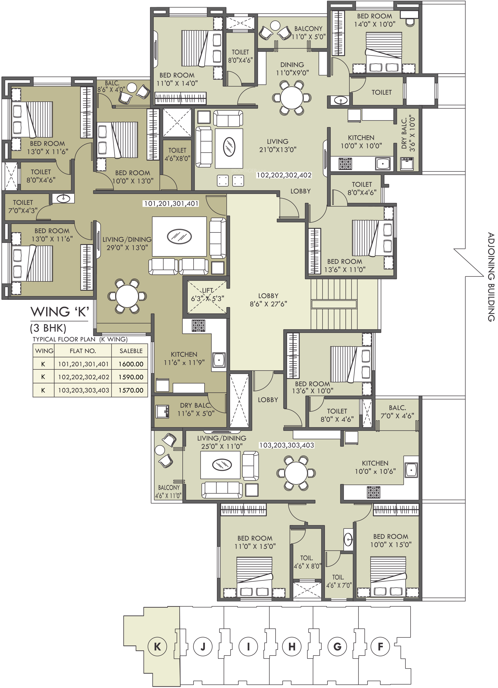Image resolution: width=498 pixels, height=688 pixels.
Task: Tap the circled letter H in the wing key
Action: pyautogui.click(x=292, y=646)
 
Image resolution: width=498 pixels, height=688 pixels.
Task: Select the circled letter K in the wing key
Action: pyautogui.click(x=157, y=646)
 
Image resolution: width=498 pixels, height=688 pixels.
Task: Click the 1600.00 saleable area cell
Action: pyautogui.click(x=131, y=364)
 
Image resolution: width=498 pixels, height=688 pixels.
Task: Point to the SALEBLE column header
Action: pyautogui.click(x=131, y=351)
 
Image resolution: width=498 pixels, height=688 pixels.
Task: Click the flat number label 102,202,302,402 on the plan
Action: pyautogui.click(x=284, y=175)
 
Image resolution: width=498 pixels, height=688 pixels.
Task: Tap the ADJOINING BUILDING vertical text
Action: pyautogui.click(x=491, y=277)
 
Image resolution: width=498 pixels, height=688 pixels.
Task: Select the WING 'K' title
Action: pyautogui.click(x=60, y=312)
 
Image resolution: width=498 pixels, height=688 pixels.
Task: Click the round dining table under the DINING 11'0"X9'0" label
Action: pyautogui.click(x=291, y=98)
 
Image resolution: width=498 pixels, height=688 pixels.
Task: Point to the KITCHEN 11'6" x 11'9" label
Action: pyautogui.click(x=184, y=358)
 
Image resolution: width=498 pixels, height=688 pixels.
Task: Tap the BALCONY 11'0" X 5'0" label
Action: pyautogui.click(x=308, y=33)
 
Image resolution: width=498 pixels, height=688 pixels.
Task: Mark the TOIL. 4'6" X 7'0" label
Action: pyautogui.click(x=338, y=581)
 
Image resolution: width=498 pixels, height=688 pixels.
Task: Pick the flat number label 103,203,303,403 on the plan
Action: pyautogui.click(x=287, y=445)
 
